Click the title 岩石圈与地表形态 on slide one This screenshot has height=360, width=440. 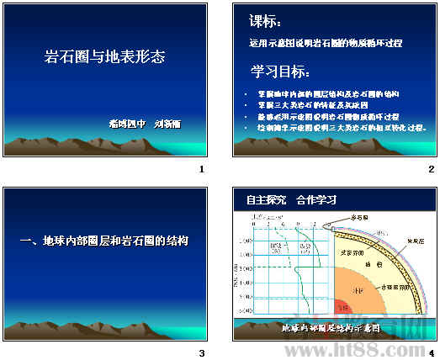point(104,58)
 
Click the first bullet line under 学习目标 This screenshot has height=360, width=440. point(333,93)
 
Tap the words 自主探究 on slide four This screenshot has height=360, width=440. point(267,200)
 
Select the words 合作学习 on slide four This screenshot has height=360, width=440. point(316,200)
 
